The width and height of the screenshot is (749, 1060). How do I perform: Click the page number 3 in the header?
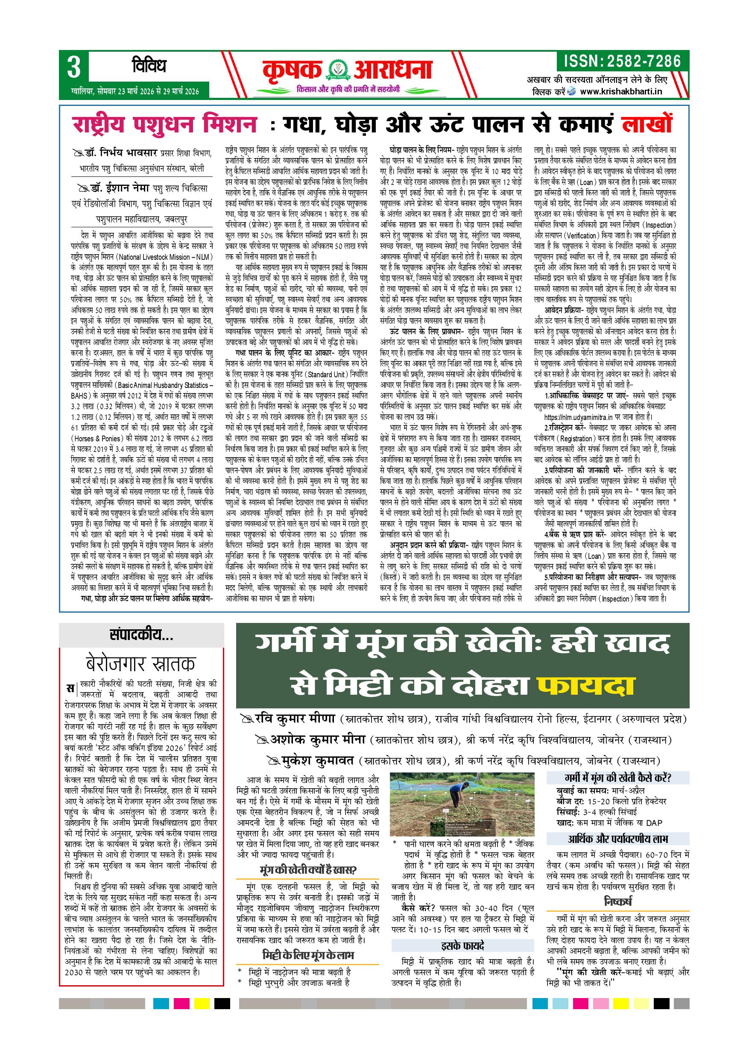[74, 68]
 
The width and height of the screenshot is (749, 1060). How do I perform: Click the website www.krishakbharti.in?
[621, 91]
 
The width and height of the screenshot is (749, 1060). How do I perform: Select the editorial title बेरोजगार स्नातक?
[141, 664]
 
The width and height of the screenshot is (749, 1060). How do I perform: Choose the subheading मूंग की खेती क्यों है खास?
[308, 870]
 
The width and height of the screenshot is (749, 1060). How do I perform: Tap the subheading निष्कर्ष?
[617, 900]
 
